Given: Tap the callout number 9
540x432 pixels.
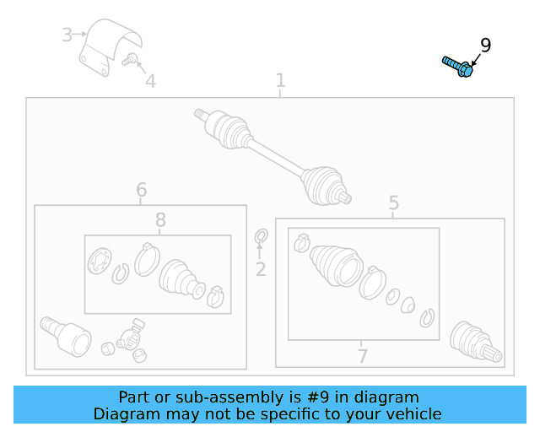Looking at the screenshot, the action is (486, 46).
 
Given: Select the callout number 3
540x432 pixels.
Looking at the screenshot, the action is (67, 35).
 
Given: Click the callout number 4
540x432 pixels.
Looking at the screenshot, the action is (151, 81).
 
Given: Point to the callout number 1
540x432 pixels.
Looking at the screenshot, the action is (281, 80).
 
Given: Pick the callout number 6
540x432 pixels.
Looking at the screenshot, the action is (142, 190).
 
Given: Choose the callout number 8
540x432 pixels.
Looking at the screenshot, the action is (160, 219).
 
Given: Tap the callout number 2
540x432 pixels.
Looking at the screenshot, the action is (261, 269).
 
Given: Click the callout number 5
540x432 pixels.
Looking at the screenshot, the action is (394, 202).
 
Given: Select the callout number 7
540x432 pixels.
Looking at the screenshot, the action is (362, 356).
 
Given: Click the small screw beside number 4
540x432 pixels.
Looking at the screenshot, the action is (130, 60).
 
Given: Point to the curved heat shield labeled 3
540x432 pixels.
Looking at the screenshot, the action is (111, 47).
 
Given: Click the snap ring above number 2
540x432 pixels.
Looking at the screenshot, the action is (262, 236).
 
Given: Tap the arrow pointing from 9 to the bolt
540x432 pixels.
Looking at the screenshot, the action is (476, 60).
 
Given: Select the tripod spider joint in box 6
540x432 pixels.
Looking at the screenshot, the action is (130, 337).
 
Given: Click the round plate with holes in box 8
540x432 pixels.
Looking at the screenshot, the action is (100, 261).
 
